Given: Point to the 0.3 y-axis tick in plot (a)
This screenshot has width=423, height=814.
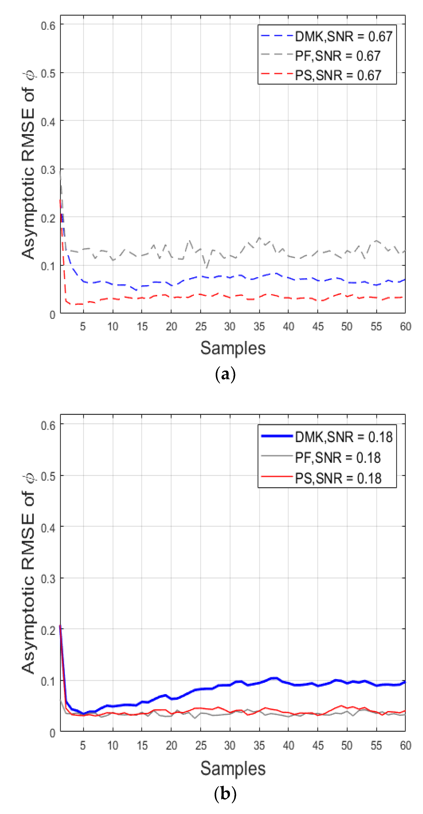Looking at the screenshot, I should point(48,170).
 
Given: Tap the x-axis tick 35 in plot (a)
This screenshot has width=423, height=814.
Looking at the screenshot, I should point(259,326).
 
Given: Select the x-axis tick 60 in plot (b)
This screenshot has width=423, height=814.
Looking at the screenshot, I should point(405,746).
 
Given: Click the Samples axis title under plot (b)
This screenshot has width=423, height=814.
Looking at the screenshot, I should point(233,768).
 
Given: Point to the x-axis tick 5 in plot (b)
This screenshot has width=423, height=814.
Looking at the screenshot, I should point(83,746).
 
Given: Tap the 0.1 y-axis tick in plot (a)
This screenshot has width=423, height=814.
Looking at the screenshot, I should point(48,266).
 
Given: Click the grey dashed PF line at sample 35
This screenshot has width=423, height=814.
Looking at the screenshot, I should point(259,238).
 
